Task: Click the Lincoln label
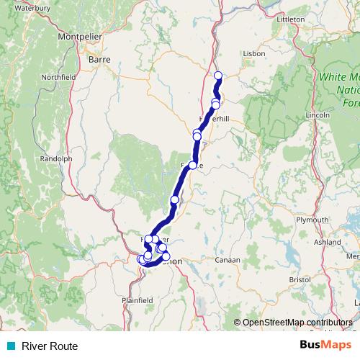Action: tap(318, 115)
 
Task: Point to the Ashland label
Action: tap(328, 243)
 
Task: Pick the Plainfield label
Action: tap(138, 299)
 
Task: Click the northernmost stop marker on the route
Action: tap(218, 76)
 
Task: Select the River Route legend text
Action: tap(49, 346)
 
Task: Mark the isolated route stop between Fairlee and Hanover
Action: tap(174, 199)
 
